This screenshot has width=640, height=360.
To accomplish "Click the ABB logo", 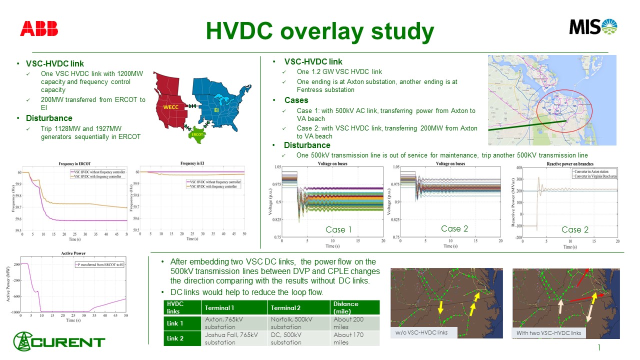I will coord(39,29).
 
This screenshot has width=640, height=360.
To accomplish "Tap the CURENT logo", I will coord(59,342).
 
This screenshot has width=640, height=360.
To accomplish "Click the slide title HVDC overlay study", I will coord(320,31).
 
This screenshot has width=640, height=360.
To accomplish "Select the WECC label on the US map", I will coord(170,107).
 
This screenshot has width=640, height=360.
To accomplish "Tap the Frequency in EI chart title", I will coord(193,163).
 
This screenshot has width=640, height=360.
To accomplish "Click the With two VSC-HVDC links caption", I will coord(548,333).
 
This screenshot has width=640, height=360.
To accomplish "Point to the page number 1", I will coord(598,347).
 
